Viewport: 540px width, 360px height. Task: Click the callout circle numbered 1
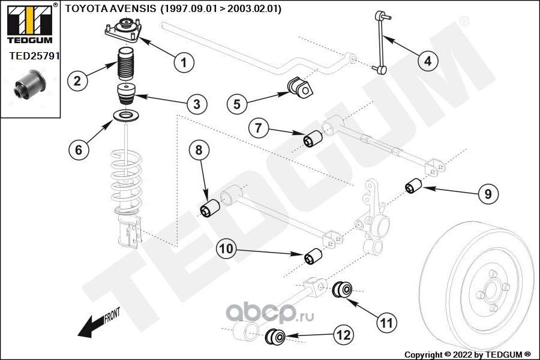[x=184, y=61]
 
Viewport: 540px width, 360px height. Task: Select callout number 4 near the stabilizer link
[x=427, y=61]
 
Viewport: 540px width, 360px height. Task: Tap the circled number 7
[x=258, y=128]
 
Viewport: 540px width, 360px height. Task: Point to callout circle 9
[x=488, y=193]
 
